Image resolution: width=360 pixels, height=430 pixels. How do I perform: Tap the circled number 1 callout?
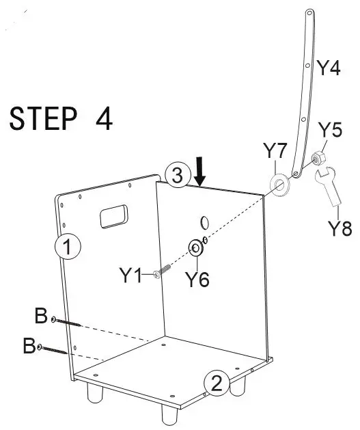pyautogui.click(x=68, y=247)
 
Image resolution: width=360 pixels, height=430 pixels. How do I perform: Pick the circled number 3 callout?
pyautogui.click(x=177, y=176)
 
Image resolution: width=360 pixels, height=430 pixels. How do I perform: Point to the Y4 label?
pyautogui.click(x=328, y=68)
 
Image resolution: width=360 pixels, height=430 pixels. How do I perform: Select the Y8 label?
pyautogui.click(x=337, y=228)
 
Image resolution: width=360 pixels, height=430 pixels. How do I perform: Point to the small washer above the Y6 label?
pyautogui.click(x=195, y=247)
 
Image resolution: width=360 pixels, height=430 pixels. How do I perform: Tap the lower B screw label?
pyautogui.click(x=30, y=346)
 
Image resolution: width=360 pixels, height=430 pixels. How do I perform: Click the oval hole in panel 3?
pyautogui.click(x=204, y=222)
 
